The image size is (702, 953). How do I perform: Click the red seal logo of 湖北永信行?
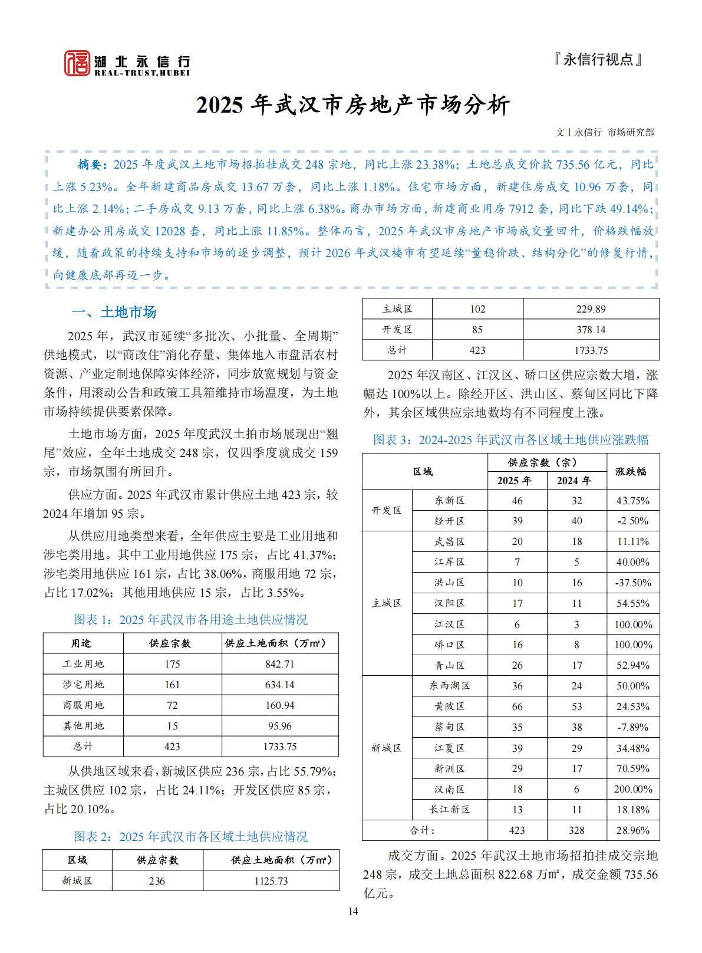tap(77, 63)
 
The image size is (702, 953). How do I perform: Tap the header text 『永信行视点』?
tap(598, 60)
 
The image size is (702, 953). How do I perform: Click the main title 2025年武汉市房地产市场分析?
tap(352, 105)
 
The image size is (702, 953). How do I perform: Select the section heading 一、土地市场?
tap(114, 312)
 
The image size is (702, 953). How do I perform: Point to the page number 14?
tap(352, 911)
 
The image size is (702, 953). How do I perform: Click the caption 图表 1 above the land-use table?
tap(190, 619)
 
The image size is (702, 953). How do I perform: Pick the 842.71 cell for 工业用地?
tap(279, 664)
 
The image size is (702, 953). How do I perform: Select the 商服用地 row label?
tap(83, 705)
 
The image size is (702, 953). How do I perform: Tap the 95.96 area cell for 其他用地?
tap(279, 726)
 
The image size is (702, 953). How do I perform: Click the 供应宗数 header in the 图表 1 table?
tap(172, 643)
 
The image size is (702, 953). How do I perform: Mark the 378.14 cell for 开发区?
tap(591, 330)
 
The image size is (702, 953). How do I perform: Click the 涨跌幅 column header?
tap(632, 472)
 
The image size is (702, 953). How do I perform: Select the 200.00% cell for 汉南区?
tap(632, 789)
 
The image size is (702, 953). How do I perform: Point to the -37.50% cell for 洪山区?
tap(632, 583)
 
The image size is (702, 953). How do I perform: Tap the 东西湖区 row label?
tap(449, 686)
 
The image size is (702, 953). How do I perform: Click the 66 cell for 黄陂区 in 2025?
tap(517, 706)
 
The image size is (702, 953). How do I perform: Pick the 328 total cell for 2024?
tap(576, 830)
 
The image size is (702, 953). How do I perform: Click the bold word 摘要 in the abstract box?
tap(92, 165)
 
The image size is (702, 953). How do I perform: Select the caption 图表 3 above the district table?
tap(510, 440)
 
